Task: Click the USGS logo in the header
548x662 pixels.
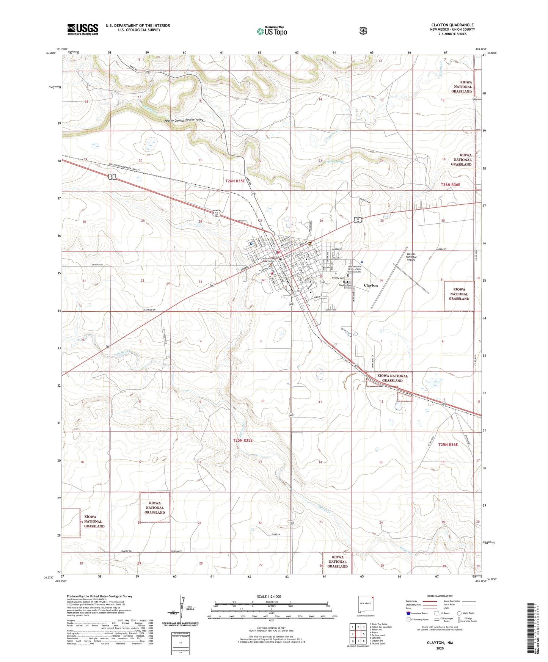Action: (83, 29)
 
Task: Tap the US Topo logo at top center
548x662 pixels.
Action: (272, 31)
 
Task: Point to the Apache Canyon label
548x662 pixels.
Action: (174, 121)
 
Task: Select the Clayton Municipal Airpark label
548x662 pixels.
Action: (411, 257)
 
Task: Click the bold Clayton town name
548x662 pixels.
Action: (371, 285)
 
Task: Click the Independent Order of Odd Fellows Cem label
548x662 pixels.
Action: (355, 269)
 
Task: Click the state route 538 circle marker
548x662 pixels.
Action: (321, 282)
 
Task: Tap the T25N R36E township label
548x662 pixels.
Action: (449, 444)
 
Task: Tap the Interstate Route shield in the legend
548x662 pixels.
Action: (408, 613)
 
